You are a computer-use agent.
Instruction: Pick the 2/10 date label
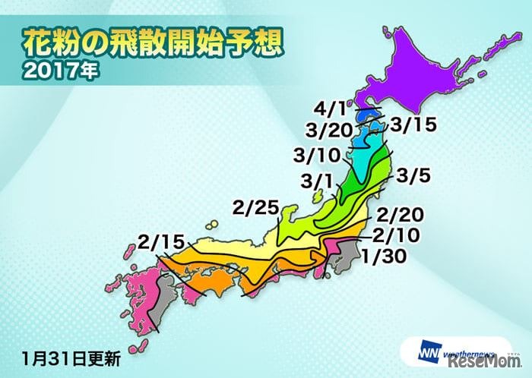point(397,234)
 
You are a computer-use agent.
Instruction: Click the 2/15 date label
point(161,243)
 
